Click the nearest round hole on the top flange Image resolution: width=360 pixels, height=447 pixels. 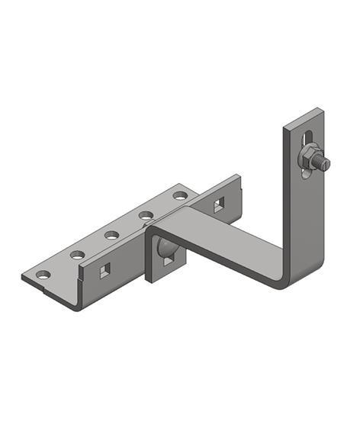coord(43,274)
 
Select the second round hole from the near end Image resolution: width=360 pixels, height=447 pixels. coord(78,254)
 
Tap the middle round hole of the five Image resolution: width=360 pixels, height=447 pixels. coord(112,234)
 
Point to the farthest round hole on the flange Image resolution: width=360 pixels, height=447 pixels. coord(180,195)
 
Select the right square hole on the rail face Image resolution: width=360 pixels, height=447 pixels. coord(219,204)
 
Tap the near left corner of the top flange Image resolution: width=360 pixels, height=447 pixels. coord(24,278)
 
